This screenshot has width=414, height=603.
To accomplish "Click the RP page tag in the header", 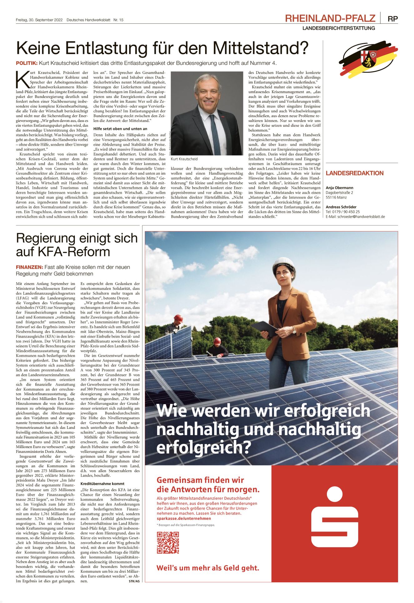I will tap(392, 19).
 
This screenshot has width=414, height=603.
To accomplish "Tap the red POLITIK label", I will tap(27, 63).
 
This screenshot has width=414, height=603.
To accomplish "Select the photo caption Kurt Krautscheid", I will tap(184, 159).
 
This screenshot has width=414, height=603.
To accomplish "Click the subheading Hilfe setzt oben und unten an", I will tap(120, 129).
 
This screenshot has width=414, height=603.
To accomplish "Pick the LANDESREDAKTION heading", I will tap(354, 173).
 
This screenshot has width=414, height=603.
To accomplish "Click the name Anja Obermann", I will tap(339, 188).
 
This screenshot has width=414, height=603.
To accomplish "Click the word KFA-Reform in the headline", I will tap(63, 252).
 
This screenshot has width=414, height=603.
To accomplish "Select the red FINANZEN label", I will tap(29, 267).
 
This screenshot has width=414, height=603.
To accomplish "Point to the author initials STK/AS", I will tap(134, 581).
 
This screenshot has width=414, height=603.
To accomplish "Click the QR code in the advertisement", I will tap(168, 543).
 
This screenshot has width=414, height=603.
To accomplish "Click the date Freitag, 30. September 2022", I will tap(39, 20).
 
